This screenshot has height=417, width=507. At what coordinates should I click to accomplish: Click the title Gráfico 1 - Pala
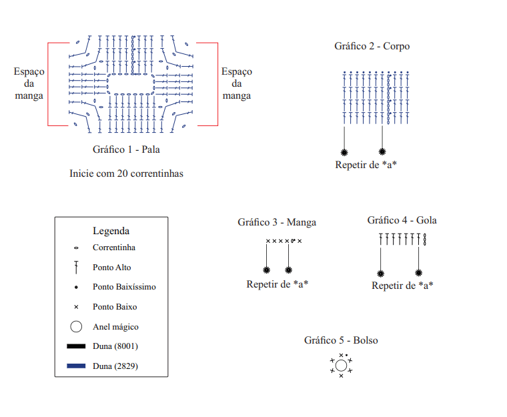(126, 149)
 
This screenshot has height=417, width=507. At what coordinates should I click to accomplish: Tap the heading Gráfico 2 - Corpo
(372, 46)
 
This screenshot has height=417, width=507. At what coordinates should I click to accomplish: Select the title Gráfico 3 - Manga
(277, 222)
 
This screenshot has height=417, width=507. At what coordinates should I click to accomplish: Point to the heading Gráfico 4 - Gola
(402, 220)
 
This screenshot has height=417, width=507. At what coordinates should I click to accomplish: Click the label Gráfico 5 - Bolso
(341, 340)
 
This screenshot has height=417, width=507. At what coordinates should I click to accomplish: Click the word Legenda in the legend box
(111, 231)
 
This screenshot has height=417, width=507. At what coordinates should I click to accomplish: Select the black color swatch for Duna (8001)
(76, 346)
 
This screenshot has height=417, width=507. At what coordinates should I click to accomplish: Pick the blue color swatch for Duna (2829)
(76, 366)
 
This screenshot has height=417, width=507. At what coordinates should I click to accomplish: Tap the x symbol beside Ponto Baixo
(76, 307)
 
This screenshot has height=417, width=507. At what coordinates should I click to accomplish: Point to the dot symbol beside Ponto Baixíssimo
(76, 287)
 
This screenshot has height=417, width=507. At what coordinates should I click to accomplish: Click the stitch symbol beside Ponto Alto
(76, 268)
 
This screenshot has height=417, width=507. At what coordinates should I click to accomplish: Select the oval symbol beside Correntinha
(76, 248)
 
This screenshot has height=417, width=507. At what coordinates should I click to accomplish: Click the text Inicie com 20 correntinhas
(126, 173)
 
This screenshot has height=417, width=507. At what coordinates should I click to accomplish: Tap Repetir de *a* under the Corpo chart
(366, 165)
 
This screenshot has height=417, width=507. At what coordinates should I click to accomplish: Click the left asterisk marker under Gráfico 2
(344, 152)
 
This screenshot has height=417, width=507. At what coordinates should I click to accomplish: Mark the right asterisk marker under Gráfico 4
(418, 273)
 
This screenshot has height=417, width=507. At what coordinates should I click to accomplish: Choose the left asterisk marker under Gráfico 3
(266, 270)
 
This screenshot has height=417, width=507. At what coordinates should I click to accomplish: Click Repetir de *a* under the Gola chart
(402, 286)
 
